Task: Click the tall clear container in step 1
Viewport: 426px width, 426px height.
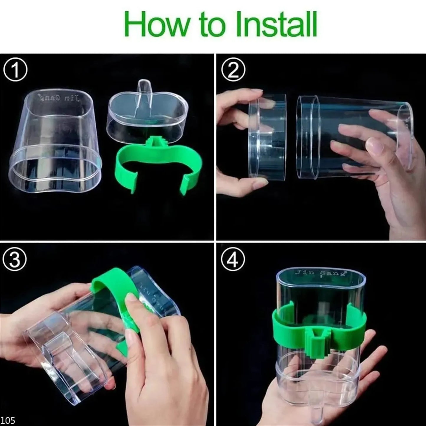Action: point(56,144)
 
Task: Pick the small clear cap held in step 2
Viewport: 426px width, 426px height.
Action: point(267,136)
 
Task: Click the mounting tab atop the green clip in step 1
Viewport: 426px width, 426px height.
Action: point(154,141)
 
